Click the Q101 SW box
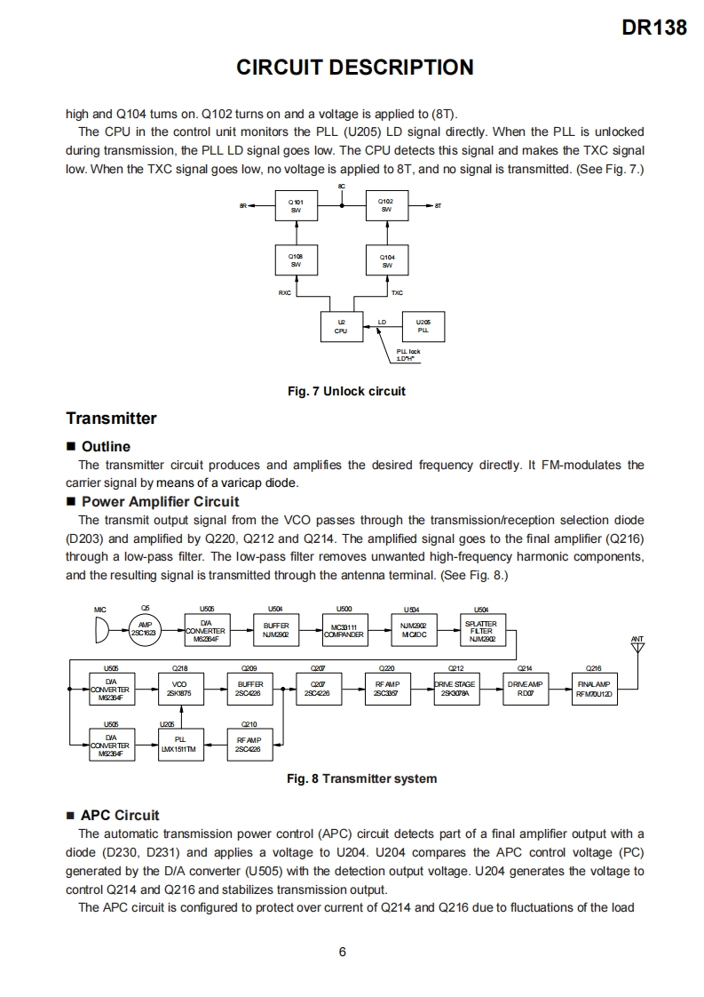pyautogui.click(x=296, y=206)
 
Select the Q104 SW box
pyautogui.click(x=387, y=261)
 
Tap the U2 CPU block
pyautogui.click(x=341, y=326)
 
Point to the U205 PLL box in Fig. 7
pyautogui.click(x=423, y=326)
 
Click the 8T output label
pyautogui.click(x=439, y=206)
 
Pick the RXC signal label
pyautogui.click(x=285, y=291)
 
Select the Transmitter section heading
pyautogui.click(x=111, y=419)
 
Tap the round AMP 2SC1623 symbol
pyautogui.click(x=145, y=629)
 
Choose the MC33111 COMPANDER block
pyautogui.click(x=344, y=630)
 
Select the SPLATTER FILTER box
pyautogui.click(x=481, y=630)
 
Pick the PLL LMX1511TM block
pyautogui.click(x=181, y=745)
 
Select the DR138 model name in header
pyautogui.click(x=655, y=28)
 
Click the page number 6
pyautogui.click(x=342, y=953)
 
